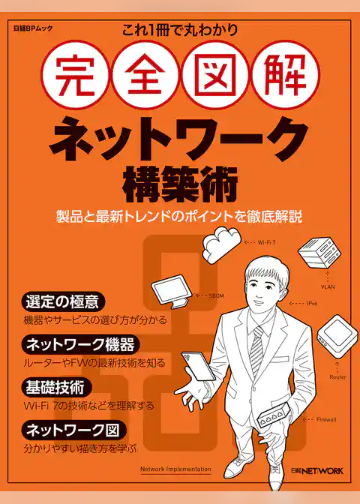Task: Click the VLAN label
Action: point(328,286)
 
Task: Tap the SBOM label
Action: point(216,296)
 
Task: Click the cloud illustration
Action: point(222,244)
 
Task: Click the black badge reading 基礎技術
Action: point(58,387)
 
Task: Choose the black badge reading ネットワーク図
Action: point(74,430)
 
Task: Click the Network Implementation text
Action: point(175,469)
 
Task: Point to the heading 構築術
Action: point(180,181)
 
